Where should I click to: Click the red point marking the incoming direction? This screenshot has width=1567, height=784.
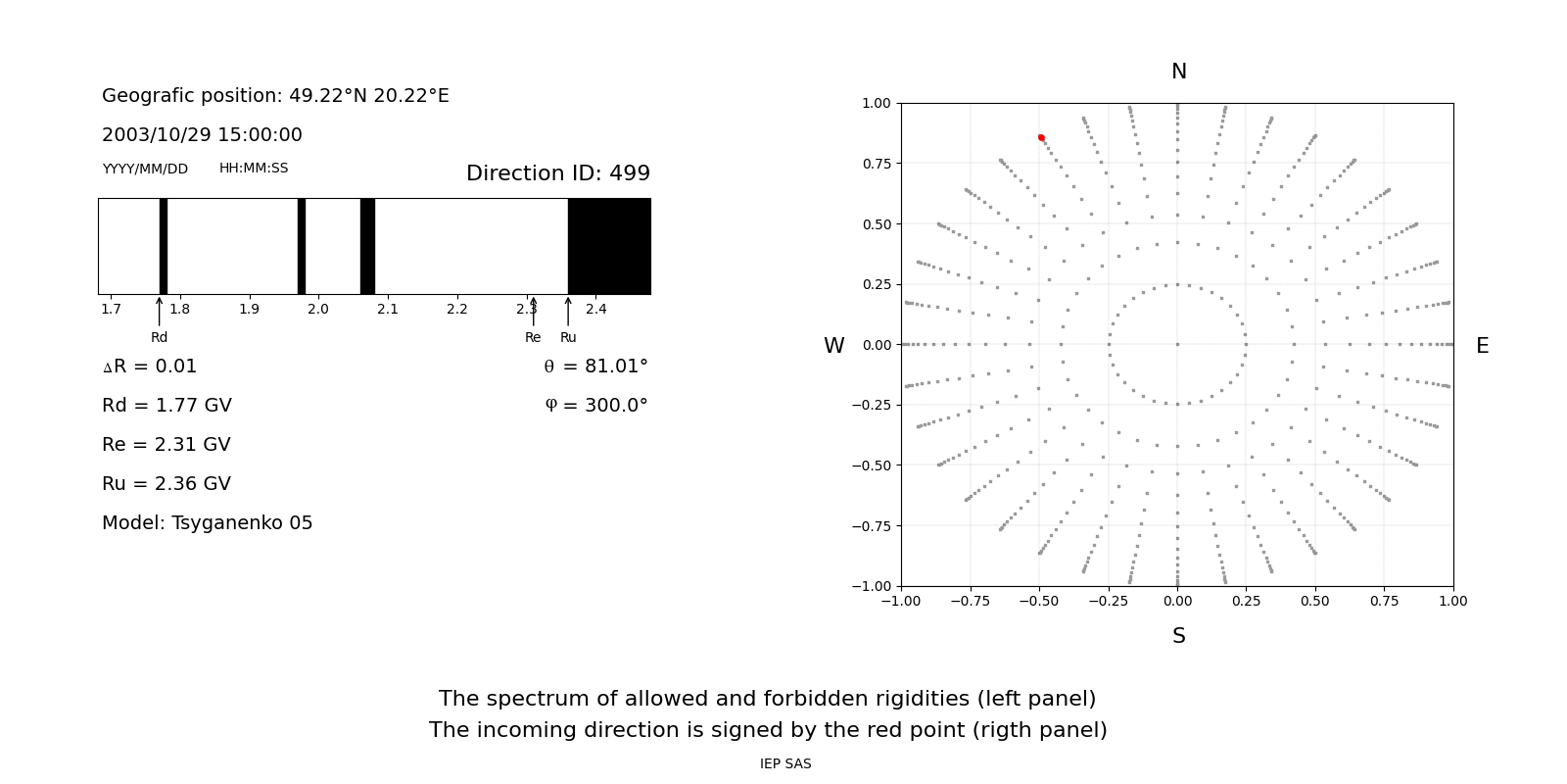(x=1041, y=138)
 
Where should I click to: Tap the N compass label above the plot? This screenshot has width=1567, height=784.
(x=1179, y=72)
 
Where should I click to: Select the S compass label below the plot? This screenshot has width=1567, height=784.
(x=1179, y=636)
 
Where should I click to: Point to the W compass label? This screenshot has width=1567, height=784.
(x=833, y=346)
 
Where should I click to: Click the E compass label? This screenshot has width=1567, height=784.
(x=1482, y=346)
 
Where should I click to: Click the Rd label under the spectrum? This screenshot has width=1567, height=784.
(x=159, y=338)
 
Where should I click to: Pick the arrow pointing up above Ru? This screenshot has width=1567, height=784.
(x=568, y=311)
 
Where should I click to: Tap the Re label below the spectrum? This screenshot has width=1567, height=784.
(x=533, y=338)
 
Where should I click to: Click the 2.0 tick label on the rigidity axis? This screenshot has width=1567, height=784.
(x=318, y=310)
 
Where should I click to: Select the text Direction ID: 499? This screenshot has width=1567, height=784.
(x=558, y=173)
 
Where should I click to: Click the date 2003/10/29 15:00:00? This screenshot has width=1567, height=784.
(x=202, y=135)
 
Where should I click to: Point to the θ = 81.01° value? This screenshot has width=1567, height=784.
(x=595, y=367)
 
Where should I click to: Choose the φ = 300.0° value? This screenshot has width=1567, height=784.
(x=596, y=406)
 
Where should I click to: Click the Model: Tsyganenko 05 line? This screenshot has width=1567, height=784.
(x=208, y=523)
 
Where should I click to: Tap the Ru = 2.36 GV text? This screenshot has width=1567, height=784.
(x=166, y=484)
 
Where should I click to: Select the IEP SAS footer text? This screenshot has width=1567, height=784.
(x=785, y=764)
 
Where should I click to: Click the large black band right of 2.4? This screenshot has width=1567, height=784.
(x=609, y=246)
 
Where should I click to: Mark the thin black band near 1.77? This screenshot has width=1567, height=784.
(x=164, y=246)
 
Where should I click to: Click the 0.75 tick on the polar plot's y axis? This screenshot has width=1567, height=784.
(x=876, y=164)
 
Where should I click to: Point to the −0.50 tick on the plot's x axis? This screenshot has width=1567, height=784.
(x=1039, y=601)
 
